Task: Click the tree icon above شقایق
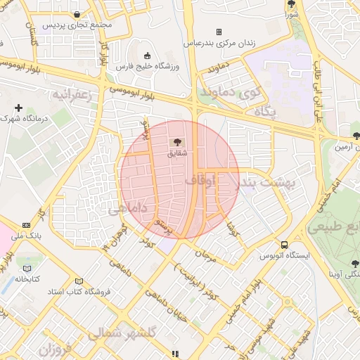(176, 142)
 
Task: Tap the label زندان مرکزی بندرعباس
(219, 43)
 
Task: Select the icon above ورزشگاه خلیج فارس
(146, 56)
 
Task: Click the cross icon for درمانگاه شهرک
(19, 108)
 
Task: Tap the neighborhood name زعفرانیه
(73, 94)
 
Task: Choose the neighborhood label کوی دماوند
(229, 91)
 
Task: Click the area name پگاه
(265, 112)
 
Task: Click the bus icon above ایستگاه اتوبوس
(284, 244)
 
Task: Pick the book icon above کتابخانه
(27, 268)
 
